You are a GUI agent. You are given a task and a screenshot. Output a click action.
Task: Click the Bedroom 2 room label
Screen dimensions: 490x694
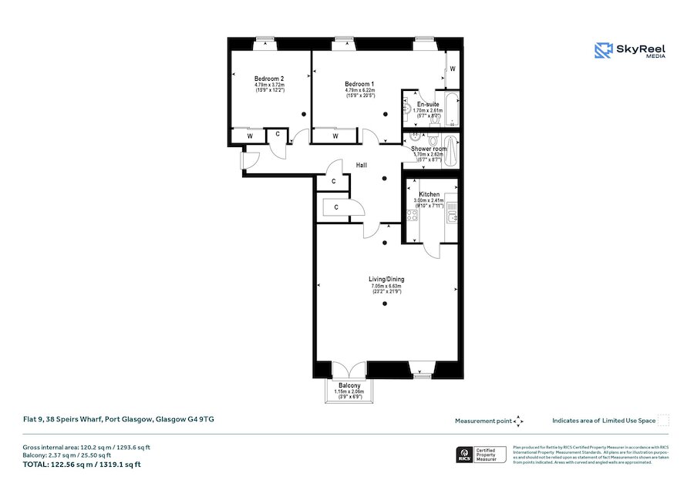pos(270,79)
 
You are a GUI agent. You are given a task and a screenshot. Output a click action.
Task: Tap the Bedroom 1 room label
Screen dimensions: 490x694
pos(359,84)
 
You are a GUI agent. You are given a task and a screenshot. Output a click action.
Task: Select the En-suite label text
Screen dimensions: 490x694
pos(428,104)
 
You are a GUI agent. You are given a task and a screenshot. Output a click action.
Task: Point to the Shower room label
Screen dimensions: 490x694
pos(428,148)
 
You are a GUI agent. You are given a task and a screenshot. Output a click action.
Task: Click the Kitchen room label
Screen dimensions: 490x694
pos(429,194)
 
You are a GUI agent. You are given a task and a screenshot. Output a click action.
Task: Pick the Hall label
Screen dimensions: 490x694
pos(361,165)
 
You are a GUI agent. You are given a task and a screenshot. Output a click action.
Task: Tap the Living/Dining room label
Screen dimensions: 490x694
pos(386,279)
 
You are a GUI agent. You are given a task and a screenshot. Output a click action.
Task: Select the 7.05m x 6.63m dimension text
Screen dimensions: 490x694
pos(386,286)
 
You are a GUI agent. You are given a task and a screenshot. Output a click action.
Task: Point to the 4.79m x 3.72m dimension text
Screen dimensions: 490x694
pos(270,85)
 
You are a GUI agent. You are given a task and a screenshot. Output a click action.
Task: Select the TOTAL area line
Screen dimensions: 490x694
pos(81,465)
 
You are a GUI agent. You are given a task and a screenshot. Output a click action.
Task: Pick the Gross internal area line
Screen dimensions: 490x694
pos(86,447)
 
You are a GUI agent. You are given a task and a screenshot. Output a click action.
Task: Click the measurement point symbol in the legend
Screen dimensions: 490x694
pos(519,421)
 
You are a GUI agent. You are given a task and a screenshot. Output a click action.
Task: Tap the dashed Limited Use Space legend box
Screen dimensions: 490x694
pos(663,420)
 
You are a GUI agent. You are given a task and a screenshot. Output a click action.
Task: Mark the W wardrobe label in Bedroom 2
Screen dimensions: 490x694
pos(250,136)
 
